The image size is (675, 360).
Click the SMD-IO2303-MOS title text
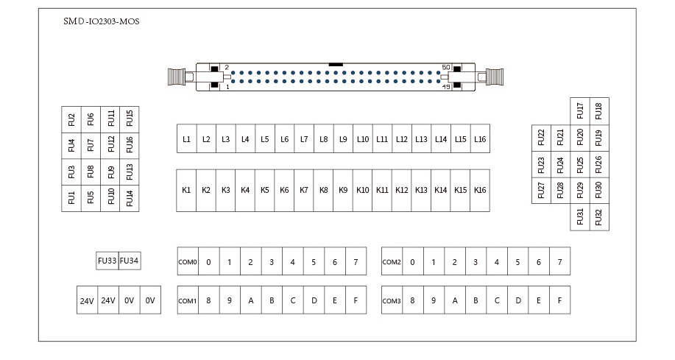102,21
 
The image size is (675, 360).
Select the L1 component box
186,138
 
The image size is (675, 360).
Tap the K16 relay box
480,190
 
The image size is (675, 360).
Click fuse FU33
107,261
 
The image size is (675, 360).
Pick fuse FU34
130,261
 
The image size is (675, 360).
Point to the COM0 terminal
188,261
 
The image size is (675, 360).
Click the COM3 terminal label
392,300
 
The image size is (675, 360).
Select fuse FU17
580,110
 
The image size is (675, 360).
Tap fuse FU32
599,217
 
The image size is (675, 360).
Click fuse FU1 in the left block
71,197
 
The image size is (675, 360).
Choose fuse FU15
130,118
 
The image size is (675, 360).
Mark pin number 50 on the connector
445,68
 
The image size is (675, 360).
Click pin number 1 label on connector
227,86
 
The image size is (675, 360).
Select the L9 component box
343,138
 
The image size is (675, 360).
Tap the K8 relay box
323,190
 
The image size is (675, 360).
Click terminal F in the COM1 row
356,300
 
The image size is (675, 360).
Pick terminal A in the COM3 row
455,300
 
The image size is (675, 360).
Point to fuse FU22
541,137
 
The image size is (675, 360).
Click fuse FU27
541,190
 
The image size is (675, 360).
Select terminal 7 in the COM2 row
560,261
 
